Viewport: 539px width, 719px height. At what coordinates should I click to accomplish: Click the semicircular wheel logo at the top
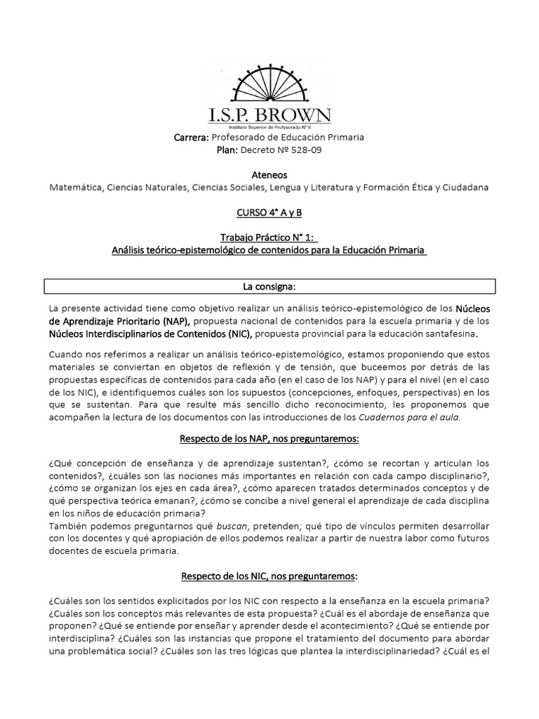269,83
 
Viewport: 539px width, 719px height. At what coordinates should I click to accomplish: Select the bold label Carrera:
191,138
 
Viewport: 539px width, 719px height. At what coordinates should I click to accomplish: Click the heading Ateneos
269,175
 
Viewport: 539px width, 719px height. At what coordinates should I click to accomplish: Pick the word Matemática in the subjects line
76,187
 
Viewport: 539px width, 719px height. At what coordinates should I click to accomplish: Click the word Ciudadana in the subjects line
465,187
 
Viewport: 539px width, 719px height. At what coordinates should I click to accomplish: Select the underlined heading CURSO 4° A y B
269,212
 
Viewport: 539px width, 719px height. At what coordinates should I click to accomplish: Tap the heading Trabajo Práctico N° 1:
269,237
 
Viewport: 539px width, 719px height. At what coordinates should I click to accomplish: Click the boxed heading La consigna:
269,286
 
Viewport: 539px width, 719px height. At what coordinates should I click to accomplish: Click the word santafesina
455,334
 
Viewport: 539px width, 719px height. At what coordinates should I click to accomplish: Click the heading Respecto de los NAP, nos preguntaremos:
269,439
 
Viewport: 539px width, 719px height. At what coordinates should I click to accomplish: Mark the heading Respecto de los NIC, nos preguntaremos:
269,575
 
